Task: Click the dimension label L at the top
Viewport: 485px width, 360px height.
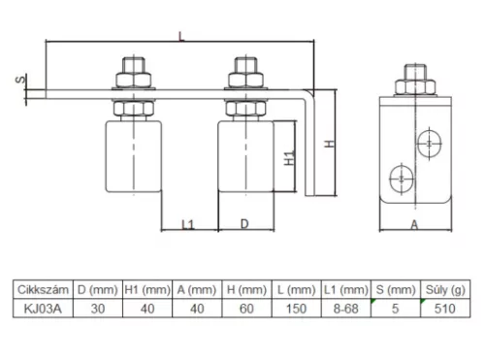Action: pos(181,36)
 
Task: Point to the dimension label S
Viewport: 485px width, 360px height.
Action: pos(20,79)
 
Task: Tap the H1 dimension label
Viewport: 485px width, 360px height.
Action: pos(289,157)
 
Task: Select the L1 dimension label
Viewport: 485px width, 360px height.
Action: pos(188,224)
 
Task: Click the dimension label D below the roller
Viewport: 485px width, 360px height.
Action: pos(244,224)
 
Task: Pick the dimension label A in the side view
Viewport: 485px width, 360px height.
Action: pos(414,224)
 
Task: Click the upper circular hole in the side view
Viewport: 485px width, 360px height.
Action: pos(429,144)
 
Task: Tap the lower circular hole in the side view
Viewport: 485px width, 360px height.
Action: pos(402,179)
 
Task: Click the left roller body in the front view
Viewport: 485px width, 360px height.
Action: pos(134,156)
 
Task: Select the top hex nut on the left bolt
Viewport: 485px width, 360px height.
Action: pos(134,80)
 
